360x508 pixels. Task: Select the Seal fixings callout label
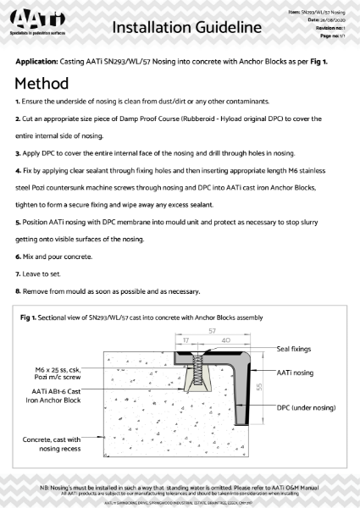(x=295, y=347)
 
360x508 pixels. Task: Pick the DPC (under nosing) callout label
(x=305, y=407)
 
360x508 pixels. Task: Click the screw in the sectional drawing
(x=202, y=378)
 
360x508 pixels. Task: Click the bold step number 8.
(x=18, y=292)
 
